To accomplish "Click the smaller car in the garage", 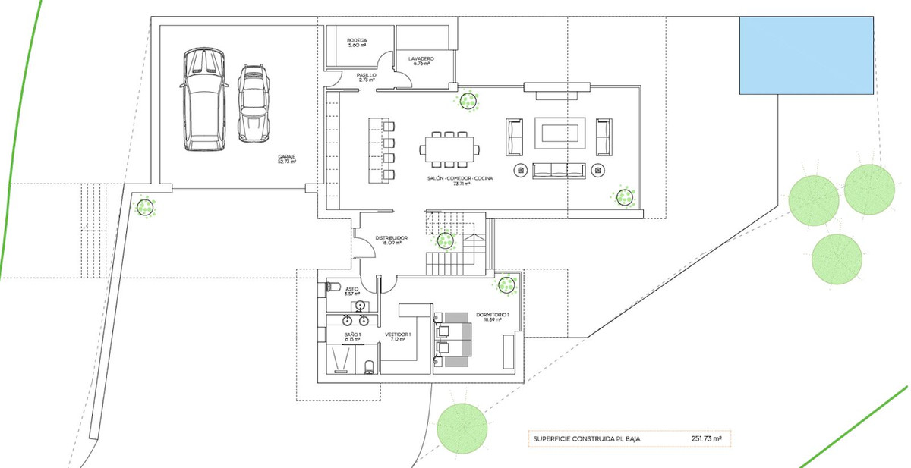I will (x=254, y=103).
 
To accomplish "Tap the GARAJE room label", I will (x=286, y=159).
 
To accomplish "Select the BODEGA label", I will (x=357, y=42).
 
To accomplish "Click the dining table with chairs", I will (x=450, y=149).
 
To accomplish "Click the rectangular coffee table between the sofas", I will (x=560, y=134).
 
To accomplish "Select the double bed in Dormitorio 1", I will (x=455, y=338).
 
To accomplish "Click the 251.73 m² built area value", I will (x=705, y=438).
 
